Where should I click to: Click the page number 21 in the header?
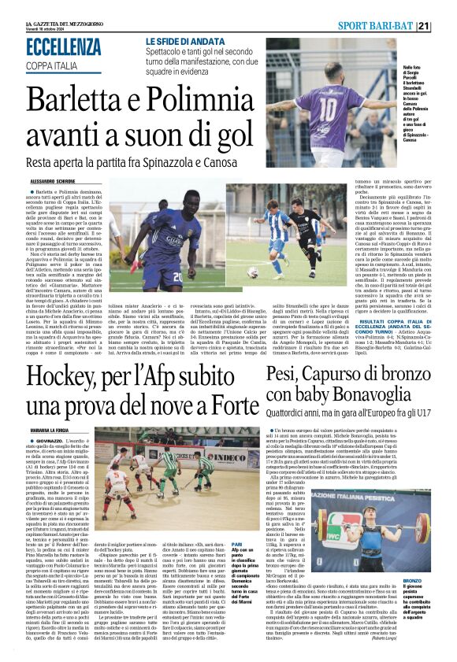446,26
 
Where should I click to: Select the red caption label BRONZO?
423,581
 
